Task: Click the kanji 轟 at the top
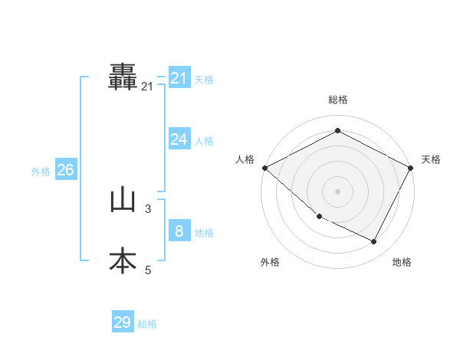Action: click(123, 76)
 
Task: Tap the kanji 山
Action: click(123, 201)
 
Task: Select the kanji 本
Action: click(123, 261)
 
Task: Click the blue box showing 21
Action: click(179, 78)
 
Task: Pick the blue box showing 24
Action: click(179, 139)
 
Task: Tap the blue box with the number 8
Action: click(179, 231)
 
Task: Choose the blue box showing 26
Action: click(65, 170)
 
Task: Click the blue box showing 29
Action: click(123, 322)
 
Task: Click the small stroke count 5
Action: click(148, 270)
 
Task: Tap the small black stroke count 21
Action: click(147, 87)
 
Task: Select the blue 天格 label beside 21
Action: click(204, 80)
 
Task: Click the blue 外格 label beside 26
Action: click(41, 172)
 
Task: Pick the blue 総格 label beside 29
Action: click(147, 324)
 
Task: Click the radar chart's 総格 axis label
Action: click(337, 100)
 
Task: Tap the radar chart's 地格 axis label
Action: click(402, 262)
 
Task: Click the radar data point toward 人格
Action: click(264, 168)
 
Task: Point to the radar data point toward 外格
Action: click(319, 216)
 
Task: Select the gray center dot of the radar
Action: click(337, 191)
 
